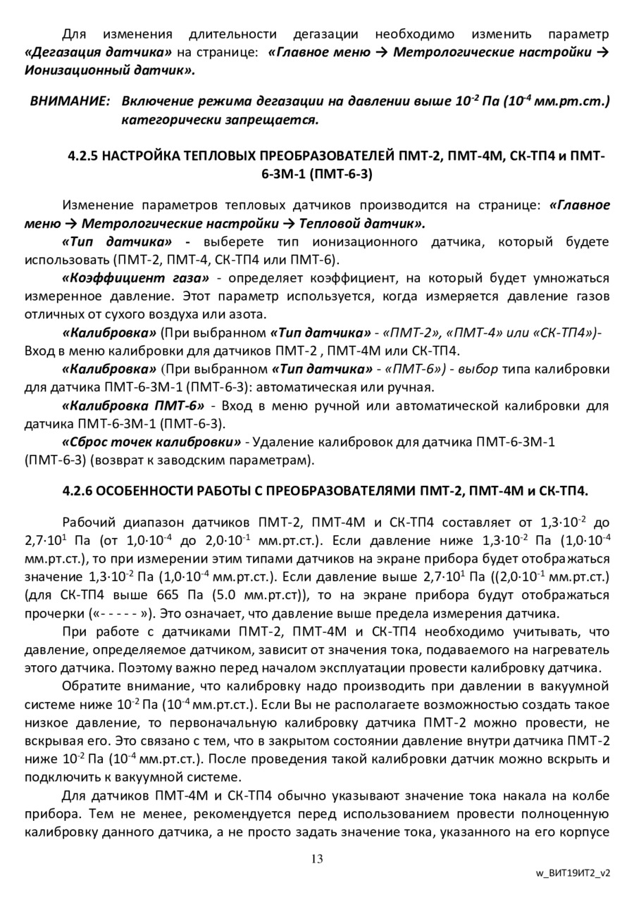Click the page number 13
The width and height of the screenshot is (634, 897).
(316, 858)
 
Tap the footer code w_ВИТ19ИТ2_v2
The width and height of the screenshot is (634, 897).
(573, 872)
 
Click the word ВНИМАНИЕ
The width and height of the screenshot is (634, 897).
(70, 101)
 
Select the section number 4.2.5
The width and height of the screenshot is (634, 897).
(82, 156)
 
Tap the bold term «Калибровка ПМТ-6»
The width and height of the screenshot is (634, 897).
(134, 406)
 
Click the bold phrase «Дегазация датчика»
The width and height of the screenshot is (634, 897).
(99, 52)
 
